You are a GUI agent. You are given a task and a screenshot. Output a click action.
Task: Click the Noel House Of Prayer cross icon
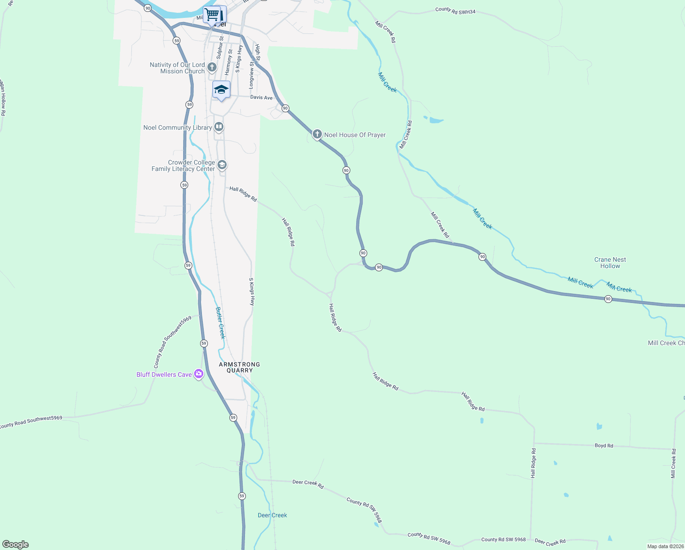(317, 134)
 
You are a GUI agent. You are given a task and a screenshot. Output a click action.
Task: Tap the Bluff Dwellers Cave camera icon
(199, 374)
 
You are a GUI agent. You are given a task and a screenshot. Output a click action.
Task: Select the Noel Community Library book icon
(219, 127)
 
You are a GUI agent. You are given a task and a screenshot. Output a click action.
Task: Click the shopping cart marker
(212, 14)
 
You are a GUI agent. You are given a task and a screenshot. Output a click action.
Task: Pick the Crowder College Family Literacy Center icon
(222, 165)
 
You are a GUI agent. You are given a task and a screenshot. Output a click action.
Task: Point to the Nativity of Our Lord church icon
(212, 67)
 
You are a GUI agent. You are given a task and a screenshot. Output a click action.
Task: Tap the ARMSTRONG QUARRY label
(239, 367)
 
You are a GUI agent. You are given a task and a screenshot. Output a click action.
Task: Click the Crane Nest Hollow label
(610, 263)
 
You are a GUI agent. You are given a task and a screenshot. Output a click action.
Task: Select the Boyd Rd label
(603, 445)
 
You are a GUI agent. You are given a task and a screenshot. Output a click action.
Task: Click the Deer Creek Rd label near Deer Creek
(308, 484)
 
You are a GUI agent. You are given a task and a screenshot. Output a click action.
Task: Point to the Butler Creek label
(221, 323)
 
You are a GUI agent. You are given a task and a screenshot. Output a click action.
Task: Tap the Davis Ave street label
(261, 98)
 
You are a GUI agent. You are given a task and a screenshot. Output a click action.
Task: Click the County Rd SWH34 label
(455, 11)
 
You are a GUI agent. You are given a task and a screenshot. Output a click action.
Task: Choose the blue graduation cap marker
(221, 89)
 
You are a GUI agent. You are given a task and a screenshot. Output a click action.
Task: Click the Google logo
(16, 544)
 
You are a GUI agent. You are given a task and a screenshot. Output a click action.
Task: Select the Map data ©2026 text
(665, 546)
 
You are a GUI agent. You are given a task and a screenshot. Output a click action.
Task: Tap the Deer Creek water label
(272, 515)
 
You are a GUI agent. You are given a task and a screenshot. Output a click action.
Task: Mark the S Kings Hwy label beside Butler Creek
(251, 291)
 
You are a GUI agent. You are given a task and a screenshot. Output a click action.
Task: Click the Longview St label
(251, 75)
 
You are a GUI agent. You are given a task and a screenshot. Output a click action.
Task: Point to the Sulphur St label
(220, 48)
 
